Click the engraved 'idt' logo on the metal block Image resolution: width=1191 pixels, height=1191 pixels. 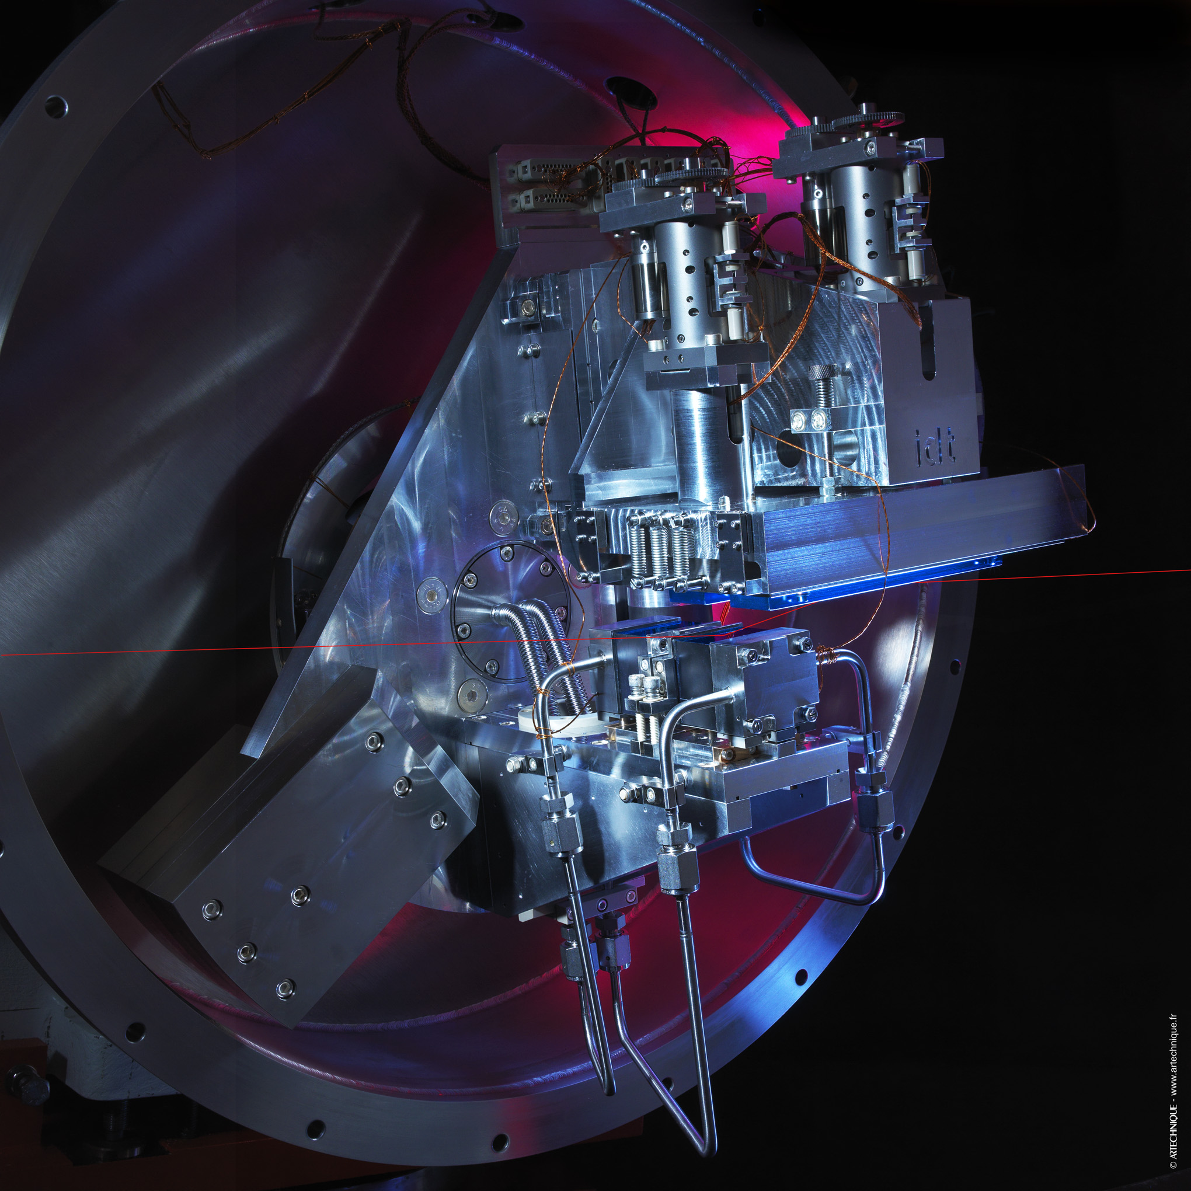(935, 445)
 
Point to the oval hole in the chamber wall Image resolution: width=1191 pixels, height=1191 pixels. (631, 90)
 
